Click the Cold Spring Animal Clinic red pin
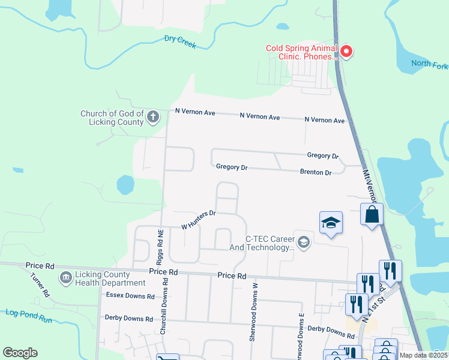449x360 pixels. pyautogui.click(x=346, y=53)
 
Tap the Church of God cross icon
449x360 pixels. pyautogui.click(x=153, y=116)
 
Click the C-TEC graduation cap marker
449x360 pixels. pyautogui.click(x=303, y=242)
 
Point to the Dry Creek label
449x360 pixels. pyautogui.click(x=180, y=41)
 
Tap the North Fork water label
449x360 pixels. pyautogui.click(x=429, y=64)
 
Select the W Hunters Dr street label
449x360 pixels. pyautogui.click(x=198, y=219)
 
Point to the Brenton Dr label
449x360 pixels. pyautogui.click(x=316, y=172)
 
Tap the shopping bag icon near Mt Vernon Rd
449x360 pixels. pyautogui.click(x=372, y=215)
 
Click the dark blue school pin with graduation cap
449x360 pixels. pyautogui.click(x=331, y=223)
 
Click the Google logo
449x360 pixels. pyautogui.click(x=20, y=352)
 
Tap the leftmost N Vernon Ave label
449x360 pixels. pyautogui.click(x=195, y=112)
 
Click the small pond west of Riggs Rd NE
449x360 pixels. pyautogui.click(x=126, y=185)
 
